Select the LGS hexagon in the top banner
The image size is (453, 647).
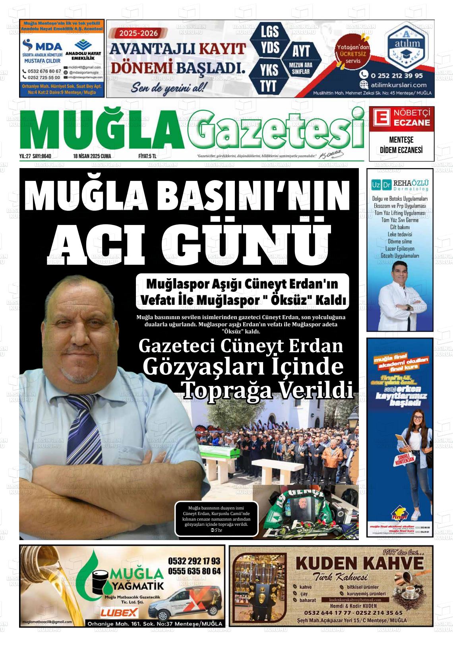[x=269, y=32]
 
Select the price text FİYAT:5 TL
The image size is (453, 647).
[x=147, y=156]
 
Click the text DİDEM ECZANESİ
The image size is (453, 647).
[x=401, y=150]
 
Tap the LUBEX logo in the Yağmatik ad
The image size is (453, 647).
[x=119, y=612]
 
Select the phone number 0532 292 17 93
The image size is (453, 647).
[x=194, y=561]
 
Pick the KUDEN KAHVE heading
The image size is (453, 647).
[x=360, y=564]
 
